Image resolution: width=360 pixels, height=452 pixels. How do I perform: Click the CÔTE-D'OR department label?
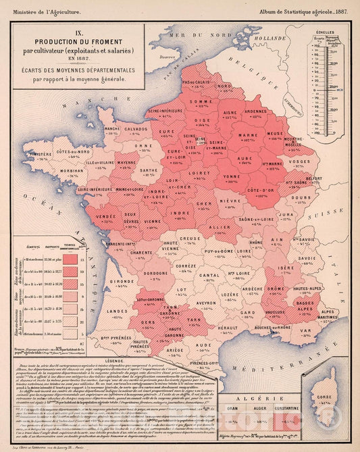[259, 191]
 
